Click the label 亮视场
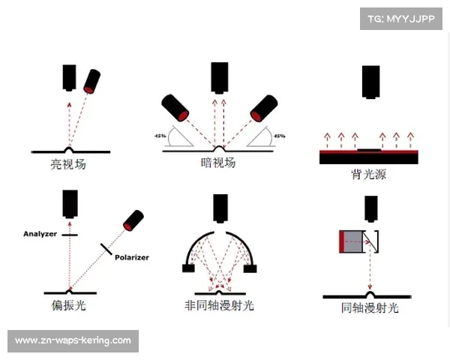coord(68,163)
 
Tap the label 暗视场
coord(219,162)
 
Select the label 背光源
coord(368,174)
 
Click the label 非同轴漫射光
coord(220,306)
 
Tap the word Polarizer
coord(132,257)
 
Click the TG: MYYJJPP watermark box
coord(401,19)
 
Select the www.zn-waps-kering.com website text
coord(73,340)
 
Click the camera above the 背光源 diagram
coord(370,82)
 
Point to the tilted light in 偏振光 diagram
coord(132,220)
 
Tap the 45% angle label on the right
coord(280,136)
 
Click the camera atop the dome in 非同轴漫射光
coord(220,208)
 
